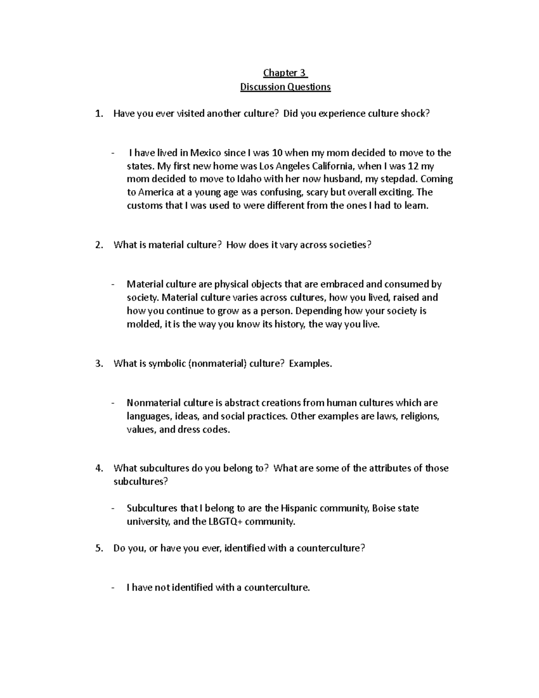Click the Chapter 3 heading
[x=285, y=73]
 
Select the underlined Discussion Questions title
[x=285, y=87]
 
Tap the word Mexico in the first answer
[x=205, y=153]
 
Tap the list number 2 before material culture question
[x=99, y=245]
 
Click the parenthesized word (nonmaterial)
[x=218, y=364]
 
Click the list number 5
[x=99, y=548]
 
